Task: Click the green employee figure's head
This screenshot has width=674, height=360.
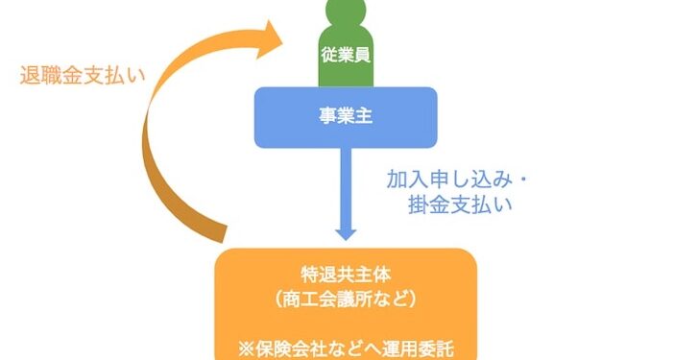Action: tap(346, 11)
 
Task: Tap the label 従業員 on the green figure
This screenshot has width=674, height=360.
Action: tap(346, 56)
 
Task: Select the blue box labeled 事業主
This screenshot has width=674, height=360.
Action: tap(346, 118)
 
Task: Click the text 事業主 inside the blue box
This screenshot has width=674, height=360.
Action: tap(346, 116)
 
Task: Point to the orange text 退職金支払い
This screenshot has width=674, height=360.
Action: tap(83, 76)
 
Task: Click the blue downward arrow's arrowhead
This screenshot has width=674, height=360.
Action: tap(346, 233)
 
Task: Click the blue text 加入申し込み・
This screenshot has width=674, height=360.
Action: tap(456, 180)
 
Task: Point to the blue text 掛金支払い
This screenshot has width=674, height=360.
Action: tap(460, 204)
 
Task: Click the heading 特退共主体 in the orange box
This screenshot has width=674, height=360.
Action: tap(346, 275)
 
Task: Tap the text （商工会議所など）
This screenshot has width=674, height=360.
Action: tap(346, 300)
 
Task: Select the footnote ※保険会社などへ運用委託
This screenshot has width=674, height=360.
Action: tap(346, 348)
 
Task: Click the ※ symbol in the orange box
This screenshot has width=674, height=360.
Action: tap(247, 348)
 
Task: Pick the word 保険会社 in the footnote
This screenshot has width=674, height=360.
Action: tap(292, 348)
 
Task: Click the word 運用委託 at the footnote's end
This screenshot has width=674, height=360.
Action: tap(419, 348)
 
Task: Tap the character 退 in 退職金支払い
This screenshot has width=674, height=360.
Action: tap(30, 76)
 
